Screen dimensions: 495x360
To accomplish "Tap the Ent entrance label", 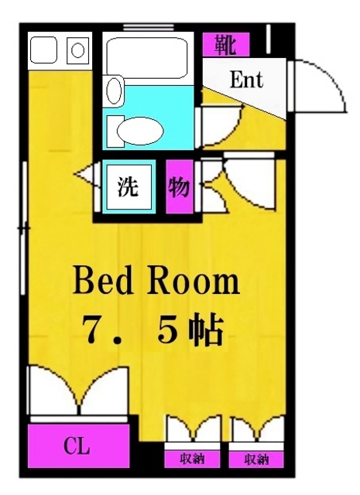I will click(247, 80).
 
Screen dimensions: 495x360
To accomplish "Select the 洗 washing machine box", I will click(128, 187).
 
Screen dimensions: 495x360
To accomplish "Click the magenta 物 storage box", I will click(179, 187).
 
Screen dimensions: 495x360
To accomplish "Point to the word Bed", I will click(105, 282).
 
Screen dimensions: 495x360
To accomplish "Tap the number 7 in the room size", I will click(95, 330).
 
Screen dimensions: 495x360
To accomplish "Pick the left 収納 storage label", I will click(192, 459).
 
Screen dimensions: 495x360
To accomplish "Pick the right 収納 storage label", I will click(256, 459).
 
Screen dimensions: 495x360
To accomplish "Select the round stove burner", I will click(78, 50).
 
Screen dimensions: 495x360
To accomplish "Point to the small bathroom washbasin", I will click(113, 90).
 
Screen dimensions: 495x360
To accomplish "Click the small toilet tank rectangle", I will click(113, 128).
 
